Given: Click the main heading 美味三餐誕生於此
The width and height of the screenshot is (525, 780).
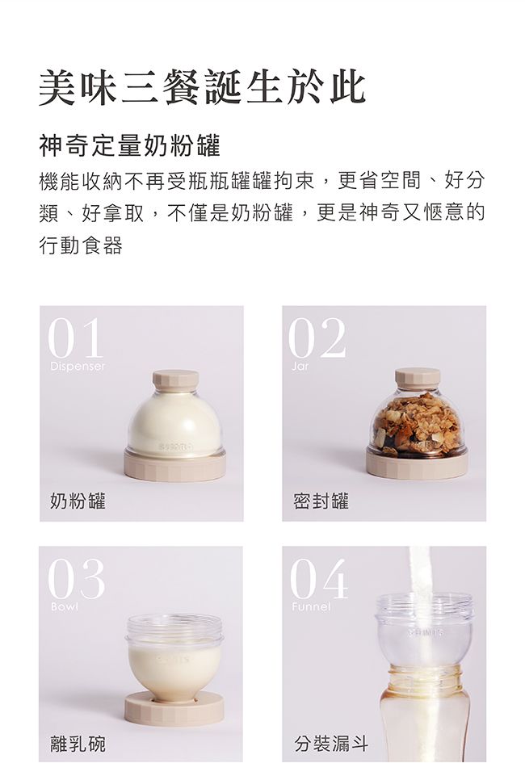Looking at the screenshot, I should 202,88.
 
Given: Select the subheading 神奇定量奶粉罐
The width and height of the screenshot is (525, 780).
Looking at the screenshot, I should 129,146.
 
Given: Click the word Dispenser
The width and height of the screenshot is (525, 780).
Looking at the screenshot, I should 78,367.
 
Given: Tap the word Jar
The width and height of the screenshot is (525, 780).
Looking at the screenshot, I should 300,367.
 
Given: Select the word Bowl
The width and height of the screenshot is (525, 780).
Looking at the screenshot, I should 65,606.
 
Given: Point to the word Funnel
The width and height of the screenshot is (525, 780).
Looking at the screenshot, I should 312,606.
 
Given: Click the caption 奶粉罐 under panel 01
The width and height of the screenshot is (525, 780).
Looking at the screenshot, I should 78,501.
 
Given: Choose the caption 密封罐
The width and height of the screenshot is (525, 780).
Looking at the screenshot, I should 321,501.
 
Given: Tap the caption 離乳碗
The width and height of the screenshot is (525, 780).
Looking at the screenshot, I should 78,743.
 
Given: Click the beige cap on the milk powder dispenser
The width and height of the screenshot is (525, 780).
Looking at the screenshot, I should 175,380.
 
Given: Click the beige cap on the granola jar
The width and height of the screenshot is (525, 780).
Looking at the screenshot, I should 417,378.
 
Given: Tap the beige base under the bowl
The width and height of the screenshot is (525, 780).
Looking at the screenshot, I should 174,707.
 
